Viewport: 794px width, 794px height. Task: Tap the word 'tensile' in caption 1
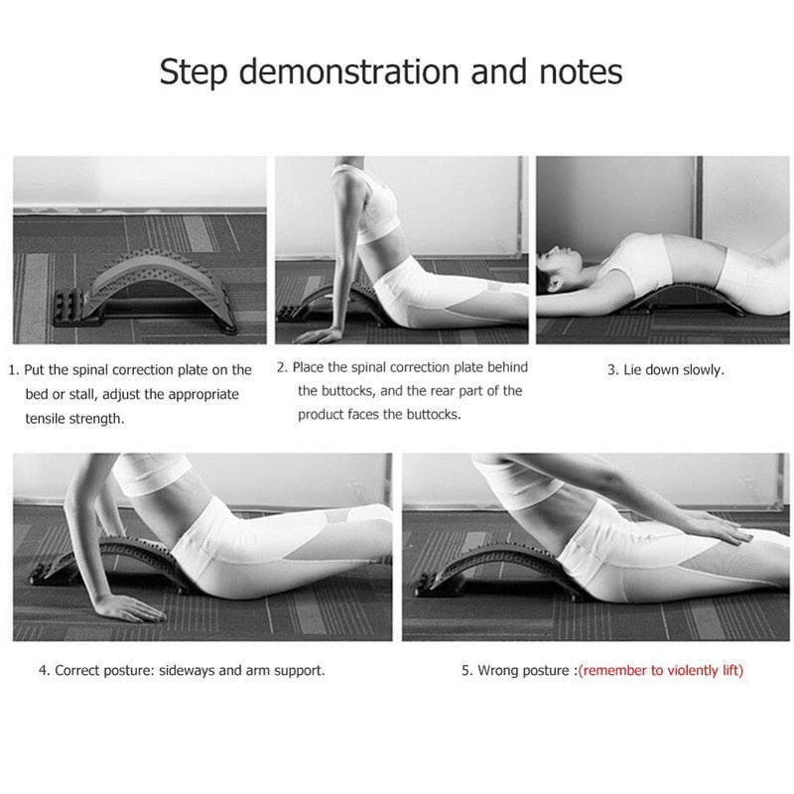pos(48,419)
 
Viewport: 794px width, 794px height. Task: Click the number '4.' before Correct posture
pos(45,671)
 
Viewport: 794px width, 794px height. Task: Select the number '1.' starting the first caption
pos(15,370)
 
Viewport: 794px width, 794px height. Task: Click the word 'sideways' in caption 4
pos(186,671)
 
